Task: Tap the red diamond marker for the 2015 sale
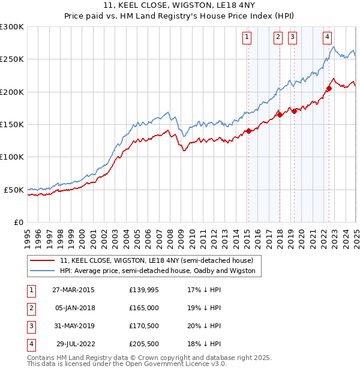(x=248, y=131)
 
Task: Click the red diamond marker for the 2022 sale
(x=329, y=89)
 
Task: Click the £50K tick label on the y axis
(x=14, y=190)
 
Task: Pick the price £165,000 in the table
(x=144, y=308)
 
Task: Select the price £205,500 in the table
(x=144, y=344)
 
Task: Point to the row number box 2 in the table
(x=30, y=308)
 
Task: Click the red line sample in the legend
(x=43, y=261)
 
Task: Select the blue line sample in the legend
(x=43, y=271)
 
